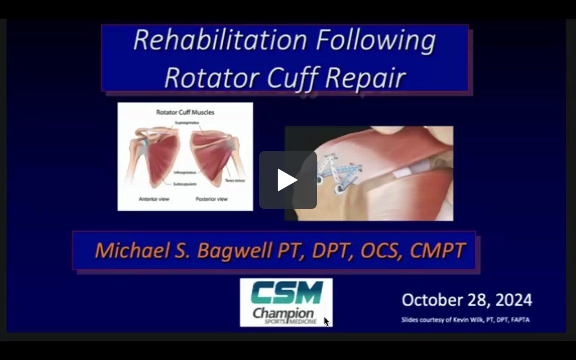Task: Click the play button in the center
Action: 288,180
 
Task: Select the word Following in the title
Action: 375,40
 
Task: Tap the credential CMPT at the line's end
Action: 437,251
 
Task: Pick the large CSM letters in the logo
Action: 287,293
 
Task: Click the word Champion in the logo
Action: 283,312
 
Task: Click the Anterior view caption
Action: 154,199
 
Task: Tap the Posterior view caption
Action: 211,199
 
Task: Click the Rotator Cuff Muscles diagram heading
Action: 185,112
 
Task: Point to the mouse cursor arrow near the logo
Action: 326,321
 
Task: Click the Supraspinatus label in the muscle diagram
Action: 187,122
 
